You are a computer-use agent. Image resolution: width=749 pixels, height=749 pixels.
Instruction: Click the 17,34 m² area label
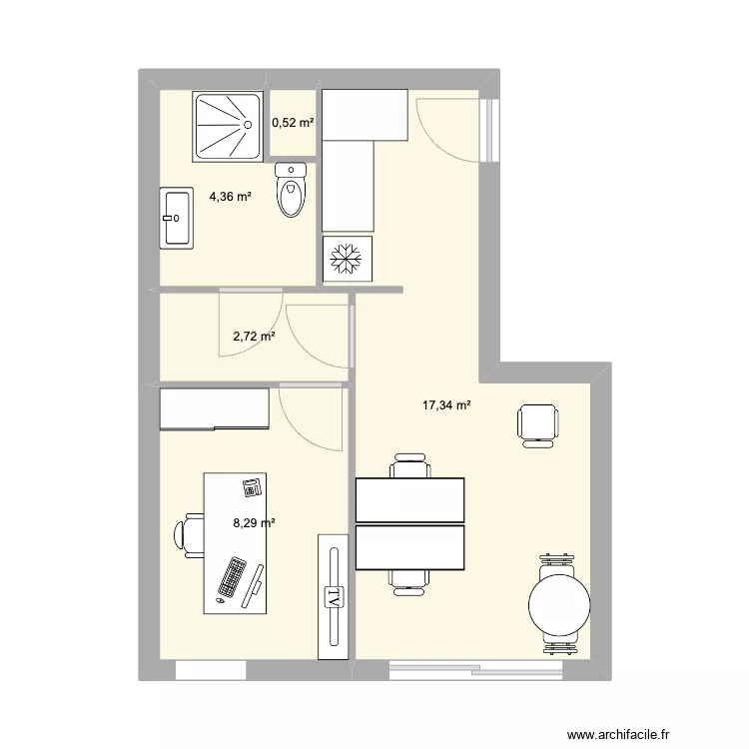pyautogui.click(x=446, y=405)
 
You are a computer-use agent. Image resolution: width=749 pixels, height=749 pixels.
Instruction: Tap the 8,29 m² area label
pyautogui.click(x=254, y=520)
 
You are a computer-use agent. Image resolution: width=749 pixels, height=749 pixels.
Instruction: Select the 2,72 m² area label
pyautogui.click(x=254, y=338)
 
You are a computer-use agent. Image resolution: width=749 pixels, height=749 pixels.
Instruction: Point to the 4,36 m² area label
pyautogui.click(x=230, y=197)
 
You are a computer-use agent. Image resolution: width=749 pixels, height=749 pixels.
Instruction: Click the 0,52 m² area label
pyautogui.click(x=293, y=123)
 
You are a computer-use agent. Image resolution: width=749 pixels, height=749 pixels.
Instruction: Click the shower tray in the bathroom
pyautogui.click(x=229, y=126)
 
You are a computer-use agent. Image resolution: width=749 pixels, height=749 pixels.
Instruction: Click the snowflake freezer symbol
pyautogui.click(x=347, y=260)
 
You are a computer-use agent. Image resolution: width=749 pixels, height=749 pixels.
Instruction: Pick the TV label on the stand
pyautogui.click(x=332, y=596)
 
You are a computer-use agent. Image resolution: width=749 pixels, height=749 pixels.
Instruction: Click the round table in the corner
pyautogui.click(x=560, y=602)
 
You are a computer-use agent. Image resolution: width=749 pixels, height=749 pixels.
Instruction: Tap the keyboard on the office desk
pyautogui.click(x=233, y=578)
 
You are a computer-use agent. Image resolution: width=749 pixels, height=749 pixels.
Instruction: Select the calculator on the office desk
pyautogui.click(x=251, y=487)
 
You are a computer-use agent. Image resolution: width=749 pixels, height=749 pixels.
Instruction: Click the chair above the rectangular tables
pyautogui.click(x=410, y=468)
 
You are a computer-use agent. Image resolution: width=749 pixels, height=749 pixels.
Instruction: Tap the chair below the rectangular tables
pyautogui.click(x=410, y=578)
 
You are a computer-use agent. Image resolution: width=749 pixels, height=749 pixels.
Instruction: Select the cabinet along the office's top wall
pyautogui.click(x=215, y=409)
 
